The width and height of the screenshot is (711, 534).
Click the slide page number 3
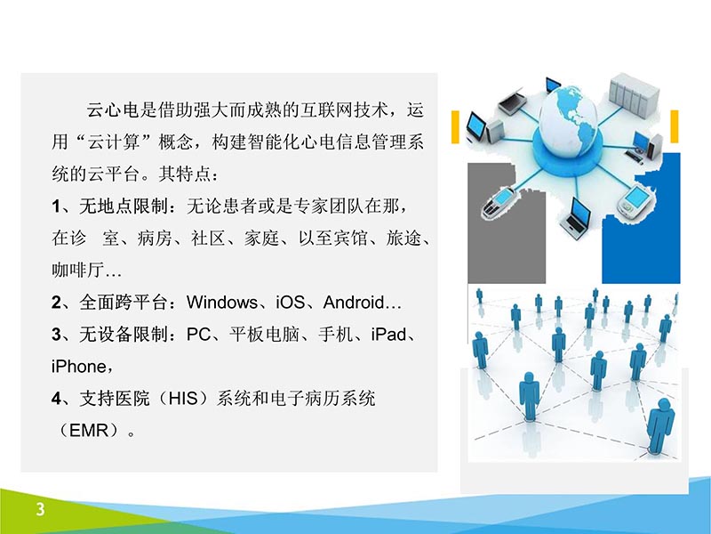click(x=40, y=510)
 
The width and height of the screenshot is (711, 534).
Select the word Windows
click(x=222, y=303)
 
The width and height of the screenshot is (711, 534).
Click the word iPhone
click(x=79, y=367)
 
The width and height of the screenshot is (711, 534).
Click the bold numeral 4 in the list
click(x=56, y=399)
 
